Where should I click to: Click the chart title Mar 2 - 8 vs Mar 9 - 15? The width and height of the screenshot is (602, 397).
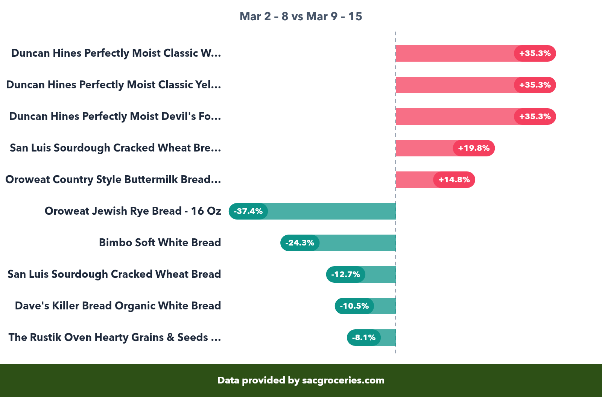tap(301, 17)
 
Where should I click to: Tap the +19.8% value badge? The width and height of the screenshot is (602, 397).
tap(474, 148)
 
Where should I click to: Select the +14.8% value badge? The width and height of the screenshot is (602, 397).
tap(454, 180)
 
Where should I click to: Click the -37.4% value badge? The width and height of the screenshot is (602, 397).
tap(248, 211)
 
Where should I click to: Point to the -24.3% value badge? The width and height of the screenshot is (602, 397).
tap(300, 243)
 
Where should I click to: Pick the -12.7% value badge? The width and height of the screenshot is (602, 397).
tap(345, 274)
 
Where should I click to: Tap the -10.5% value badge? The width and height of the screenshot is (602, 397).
tap(354, 306)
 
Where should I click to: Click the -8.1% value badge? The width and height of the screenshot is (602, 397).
tap(363, 338)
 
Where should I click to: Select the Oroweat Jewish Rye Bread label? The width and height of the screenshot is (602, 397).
tap(133, 211)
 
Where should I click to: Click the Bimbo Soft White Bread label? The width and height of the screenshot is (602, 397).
tap(160, 243)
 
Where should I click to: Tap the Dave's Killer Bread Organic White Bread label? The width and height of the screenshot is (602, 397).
tap(118, 306)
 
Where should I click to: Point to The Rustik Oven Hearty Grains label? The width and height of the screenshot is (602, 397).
tap(115, 338)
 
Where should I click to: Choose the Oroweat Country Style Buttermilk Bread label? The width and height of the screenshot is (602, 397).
tap(113, 180)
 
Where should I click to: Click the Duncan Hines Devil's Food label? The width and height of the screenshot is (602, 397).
tap(115, 117)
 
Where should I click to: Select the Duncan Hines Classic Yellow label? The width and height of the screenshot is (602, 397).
tap(114, 85)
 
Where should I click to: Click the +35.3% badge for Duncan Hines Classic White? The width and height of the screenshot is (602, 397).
tap(535, 53)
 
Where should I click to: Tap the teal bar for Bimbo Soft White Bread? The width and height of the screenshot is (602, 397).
tap(357, 243)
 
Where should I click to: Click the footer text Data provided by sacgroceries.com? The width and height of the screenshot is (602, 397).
tap(301, 380)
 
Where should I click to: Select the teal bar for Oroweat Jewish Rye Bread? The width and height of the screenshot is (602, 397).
tap(331, 211)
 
